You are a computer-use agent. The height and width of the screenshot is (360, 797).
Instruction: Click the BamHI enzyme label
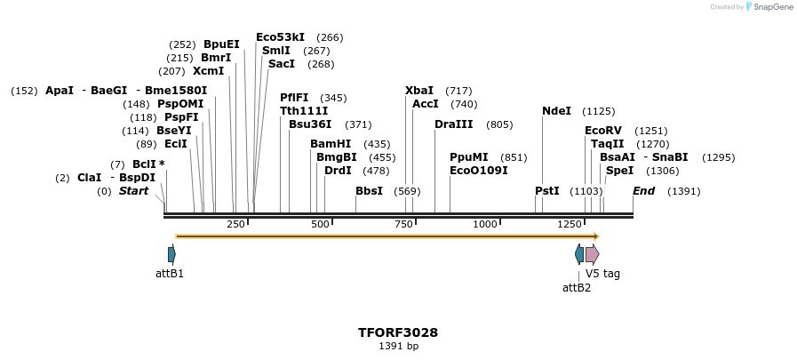[x=331, y=144]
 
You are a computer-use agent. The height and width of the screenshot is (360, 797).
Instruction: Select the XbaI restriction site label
[x=419, y=91]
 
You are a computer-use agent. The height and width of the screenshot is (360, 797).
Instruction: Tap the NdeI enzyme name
[x=556, y=111]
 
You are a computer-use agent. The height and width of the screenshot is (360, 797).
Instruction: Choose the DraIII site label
[x=454, y=124]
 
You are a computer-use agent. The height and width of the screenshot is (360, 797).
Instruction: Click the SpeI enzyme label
[x=619, y=171]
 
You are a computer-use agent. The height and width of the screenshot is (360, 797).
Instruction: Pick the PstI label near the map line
[x=547, y=191]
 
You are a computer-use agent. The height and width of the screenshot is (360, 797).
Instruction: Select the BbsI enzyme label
[x=369, y=191]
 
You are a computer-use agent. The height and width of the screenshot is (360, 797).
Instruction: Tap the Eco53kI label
[x=280, y=37]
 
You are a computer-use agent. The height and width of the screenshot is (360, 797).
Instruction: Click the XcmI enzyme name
[x=208, y=71]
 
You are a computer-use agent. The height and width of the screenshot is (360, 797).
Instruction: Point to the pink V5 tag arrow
[x=592, y=255]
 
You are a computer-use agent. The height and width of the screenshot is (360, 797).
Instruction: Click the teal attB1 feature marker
[x=171, y=255]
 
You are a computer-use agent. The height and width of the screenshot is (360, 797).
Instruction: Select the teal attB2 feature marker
[x=579, y=255]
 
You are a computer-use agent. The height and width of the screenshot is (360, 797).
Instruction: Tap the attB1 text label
[x=170, y=274]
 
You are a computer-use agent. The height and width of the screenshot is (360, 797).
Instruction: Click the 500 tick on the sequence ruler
[x=320, y=224]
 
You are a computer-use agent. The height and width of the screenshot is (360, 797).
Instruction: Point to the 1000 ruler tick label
[x=485, y=224]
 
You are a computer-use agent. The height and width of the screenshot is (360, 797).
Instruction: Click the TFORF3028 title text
[x=398, y=332]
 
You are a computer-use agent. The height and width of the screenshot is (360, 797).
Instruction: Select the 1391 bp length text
[x=398, y=347]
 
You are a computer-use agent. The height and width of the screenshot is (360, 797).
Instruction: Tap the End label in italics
[x=643, y=191]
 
